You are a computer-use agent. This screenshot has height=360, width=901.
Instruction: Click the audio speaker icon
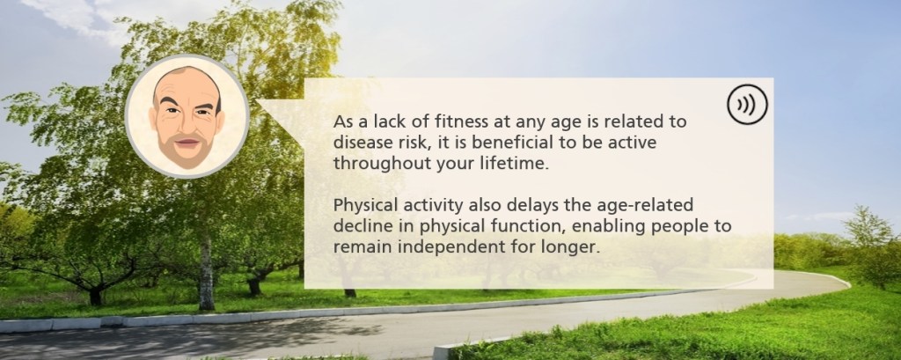[747, 104]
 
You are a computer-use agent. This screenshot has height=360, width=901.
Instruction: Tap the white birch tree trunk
[206, 270]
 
